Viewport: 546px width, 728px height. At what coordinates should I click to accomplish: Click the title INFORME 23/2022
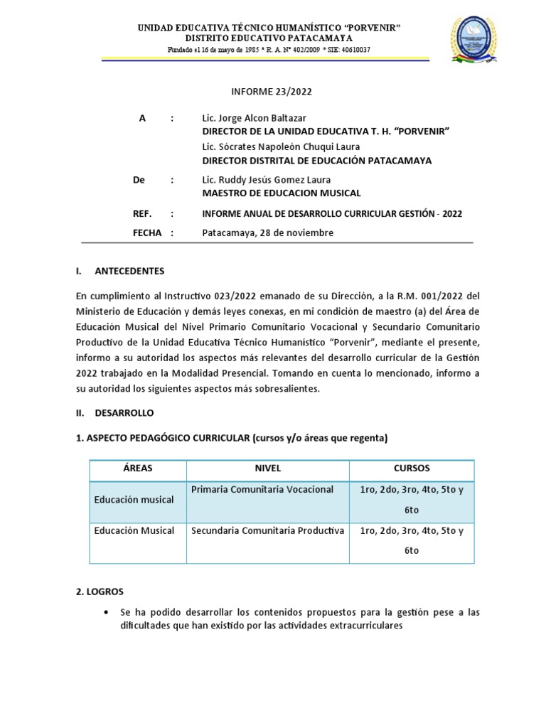[272, 92]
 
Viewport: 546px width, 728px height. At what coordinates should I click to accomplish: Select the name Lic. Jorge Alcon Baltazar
[255, 118]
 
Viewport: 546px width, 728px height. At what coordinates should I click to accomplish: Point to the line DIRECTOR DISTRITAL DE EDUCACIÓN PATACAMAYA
[316, 161]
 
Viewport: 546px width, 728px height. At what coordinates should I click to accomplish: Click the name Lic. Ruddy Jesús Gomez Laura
[267, 180]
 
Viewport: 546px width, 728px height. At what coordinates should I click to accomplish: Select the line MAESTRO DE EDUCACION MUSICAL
[282, 193]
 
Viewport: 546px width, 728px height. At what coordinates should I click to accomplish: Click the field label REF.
[142, 213]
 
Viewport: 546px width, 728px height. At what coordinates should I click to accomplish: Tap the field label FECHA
[147, 232]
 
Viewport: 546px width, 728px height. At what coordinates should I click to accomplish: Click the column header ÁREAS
[137, 469]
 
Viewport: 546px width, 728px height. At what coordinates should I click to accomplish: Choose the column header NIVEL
[267, 469]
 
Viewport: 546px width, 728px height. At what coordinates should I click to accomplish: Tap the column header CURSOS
[412, 469]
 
